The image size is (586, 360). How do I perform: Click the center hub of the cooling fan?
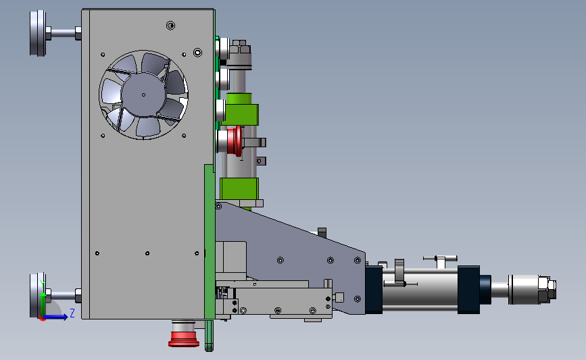tap(143, 95)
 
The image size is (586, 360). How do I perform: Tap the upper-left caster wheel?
tap(38, 33)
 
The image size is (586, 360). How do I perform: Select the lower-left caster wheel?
tap(37, 295)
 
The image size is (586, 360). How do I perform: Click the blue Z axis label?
tap(72, 313)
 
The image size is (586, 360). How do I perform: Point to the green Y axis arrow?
tap(43, 299)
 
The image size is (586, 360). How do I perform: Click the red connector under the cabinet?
tap(183, 334)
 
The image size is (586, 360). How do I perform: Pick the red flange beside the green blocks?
tap(235, 141)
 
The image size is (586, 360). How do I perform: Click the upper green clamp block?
tap(239, 114)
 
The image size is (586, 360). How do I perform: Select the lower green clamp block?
tap(239, 188)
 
